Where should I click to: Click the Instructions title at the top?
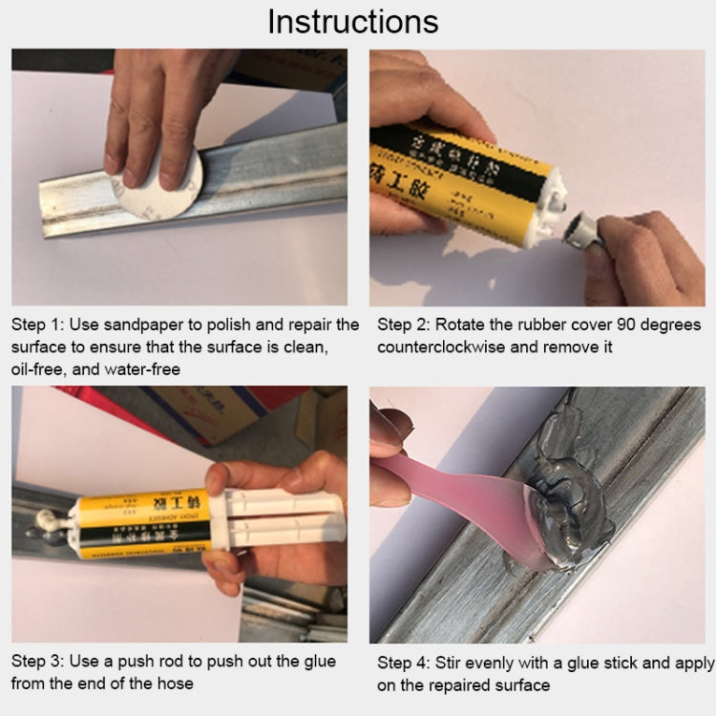(x=352, y=21)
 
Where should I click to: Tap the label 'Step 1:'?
(x=36, y=326)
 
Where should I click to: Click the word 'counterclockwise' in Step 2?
(x=441, y=347)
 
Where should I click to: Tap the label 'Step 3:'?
(x=36, y=661)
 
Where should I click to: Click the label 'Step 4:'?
(x=403, y=663)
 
